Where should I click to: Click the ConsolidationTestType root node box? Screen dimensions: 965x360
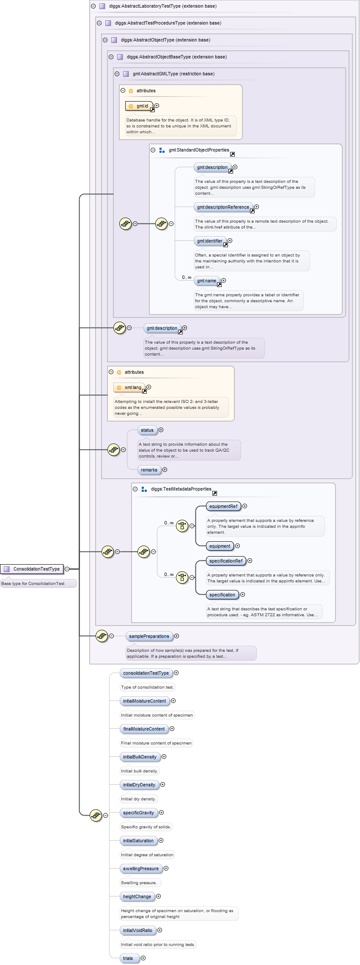pyautogui.click(x=32, y=569)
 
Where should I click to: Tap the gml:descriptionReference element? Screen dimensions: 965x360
pyautogui.click(x=223, y=207)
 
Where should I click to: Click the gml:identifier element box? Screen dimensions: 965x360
pyautogui.click(x=209, y=241)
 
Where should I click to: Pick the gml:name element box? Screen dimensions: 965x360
pyautogui.click(x=206, y=281)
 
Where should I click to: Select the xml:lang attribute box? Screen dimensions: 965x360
pyautogui.click(x=129, y=387)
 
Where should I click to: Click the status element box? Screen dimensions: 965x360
pyautogui.click(x=147, y=430)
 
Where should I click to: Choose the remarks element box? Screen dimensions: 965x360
pyautogui.click(x=149, y=470)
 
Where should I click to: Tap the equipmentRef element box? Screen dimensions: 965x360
pyautogui.click(x=223, y=506)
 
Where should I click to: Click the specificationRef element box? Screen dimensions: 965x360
pyautogui.click(x=226, y=561)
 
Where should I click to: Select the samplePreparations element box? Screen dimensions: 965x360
pyautogui.click(x=149, y=636)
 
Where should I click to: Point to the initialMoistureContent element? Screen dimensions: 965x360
pyautogui.click(x=145, y=701)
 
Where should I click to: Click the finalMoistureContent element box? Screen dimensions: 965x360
pyautogui.click(x=144, y=729)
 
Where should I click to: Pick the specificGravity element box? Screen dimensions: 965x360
pyautogui.click(x=139, y=813)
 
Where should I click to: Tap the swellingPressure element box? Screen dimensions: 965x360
pyautogui.click(x=141, y=868)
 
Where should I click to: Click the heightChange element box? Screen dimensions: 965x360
pyautogui.click(x=137, y=896)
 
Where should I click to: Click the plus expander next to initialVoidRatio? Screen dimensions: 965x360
pyautogui.click(x=160, y=930)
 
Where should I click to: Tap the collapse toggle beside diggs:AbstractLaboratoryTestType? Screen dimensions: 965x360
pyautogui.click(x=93, y=6)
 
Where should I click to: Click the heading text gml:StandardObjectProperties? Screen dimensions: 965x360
pyautogui.click(x=199, y=150)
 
